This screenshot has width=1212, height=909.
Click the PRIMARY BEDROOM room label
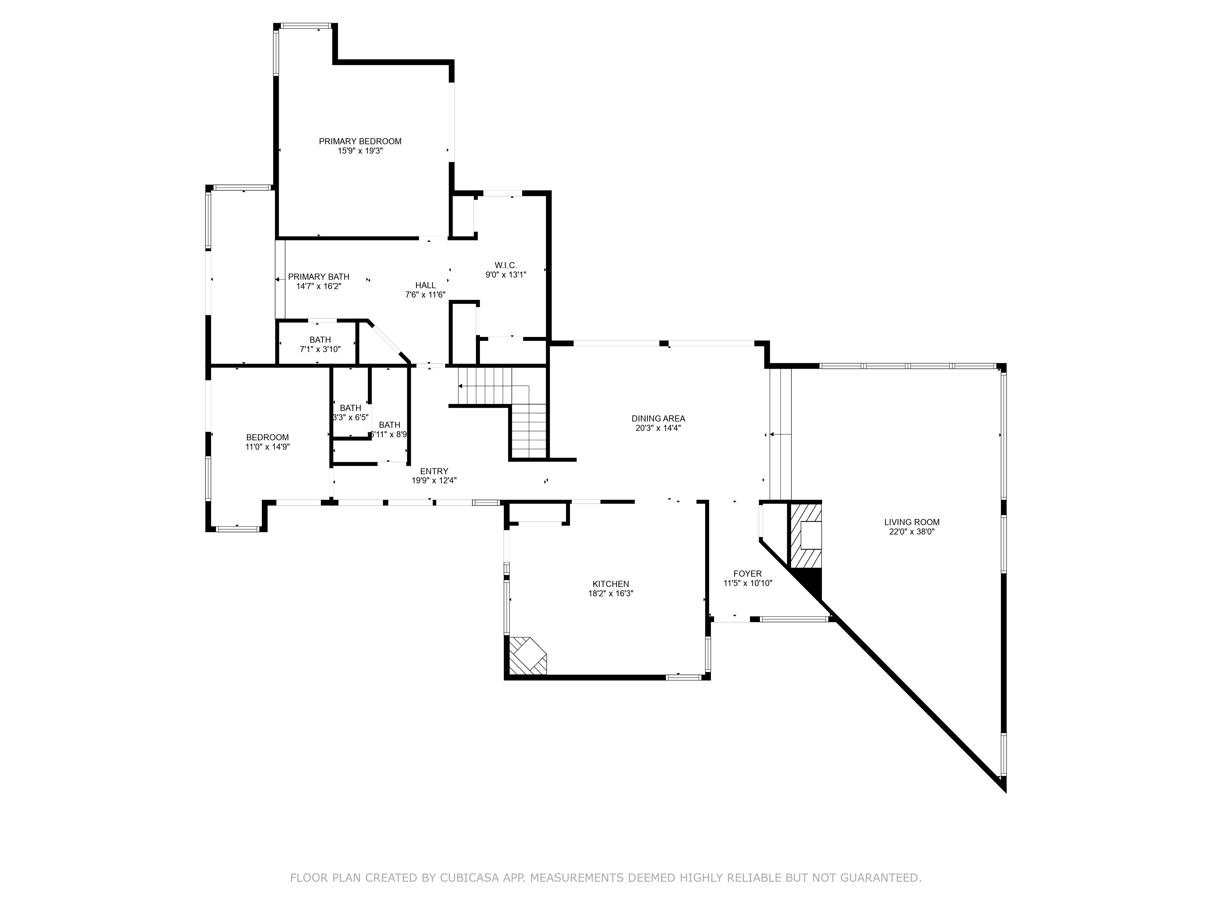coord(360,142)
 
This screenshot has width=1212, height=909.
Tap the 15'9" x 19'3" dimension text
coord(360,151)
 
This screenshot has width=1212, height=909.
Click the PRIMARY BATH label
coord(318,277)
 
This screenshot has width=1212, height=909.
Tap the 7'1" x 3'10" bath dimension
coord(320,349)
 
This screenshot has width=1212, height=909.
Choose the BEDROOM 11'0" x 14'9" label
coord(267,442)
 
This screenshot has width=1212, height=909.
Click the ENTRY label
coord(434,471)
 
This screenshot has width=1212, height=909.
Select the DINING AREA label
coord(658,419)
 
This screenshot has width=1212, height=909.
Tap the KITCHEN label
coord(610,584)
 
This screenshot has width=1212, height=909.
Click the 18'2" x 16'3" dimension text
coord(610,593)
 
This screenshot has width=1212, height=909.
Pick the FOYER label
coord(748,574)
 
